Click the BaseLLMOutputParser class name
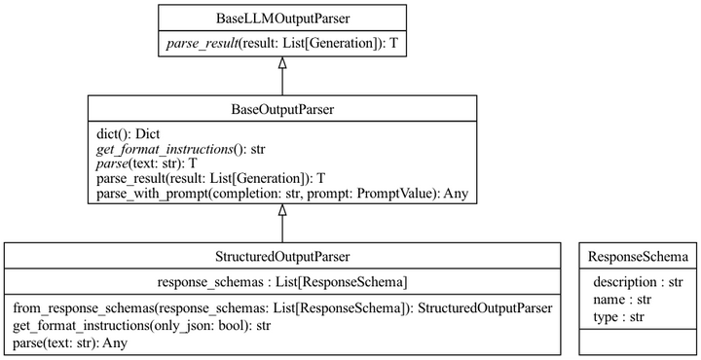pos(281,18)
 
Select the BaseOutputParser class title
pos(281,109)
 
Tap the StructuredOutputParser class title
pos(281,256)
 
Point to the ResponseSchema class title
pos(639,256)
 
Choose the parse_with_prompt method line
pos(282,195)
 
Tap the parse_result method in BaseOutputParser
pos(210,181)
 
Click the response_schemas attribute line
pos(281,282)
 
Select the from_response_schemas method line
pos(282,308)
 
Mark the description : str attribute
pos(638,282)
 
